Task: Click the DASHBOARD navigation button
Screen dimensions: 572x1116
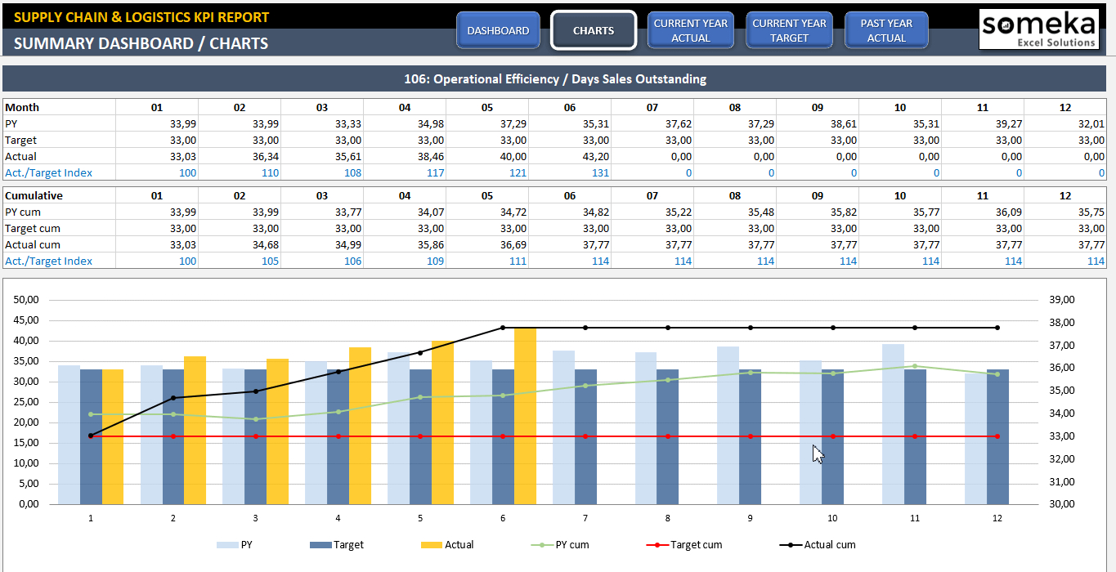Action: coord(498,31)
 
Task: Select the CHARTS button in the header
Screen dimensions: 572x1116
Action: coord(594,31)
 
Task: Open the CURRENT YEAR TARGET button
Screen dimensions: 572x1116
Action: coord(789,31)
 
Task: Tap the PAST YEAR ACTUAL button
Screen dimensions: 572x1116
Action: coord(886,31)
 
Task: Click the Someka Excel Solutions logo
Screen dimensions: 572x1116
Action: coord(1038,29)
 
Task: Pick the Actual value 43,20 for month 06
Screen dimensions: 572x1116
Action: coord(586,156)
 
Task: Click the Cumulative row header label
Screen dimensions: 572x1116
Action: coord(34,195)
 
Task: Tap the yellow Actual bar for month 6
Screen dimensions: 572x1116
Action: coord(525,416)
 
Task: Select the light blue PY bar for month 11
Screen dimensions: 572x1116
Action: coord(893,424)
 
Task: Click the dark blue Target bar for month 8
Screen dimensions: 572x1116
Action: coord(667,436)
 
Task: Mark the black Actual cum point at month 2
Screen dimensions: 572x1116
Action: coord(173,398)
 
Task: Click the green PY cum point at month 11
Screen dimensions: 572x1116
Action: coord(915,366)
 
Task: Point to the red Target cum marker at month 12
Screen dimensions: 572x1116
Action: coord(997,436)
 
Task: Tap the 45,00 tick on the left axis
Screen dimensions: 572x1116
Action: coord(27,320)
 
